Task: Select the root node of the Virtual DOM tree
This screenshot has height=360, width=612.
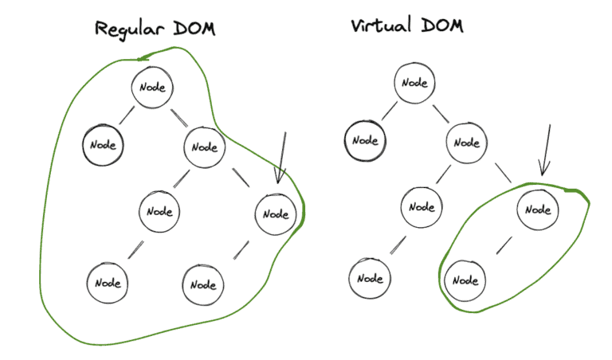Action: coord(414,82)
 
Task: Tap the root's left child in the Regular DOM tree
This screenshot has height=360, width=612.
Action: coord(104,146)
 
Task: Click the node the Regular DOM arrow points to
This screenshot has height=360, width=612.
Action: coord(276,213)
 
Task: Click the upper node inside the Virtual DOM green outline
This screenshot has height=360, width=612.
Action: coord(539,209)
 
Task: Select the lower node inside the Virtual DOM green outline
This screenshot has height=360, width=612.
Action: coord(465,280)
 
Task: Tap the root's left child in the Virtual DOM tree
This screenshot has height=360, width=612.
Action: coord(364,140)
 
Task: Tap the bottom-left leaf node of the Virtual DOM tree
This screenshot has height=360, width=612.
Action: coord(370,278)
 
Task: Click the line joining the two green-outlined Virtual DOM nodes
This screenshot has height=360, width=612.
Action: coord(504,245)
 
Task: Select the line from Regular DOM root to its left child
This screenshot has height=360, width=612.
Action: coord(127,116)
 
